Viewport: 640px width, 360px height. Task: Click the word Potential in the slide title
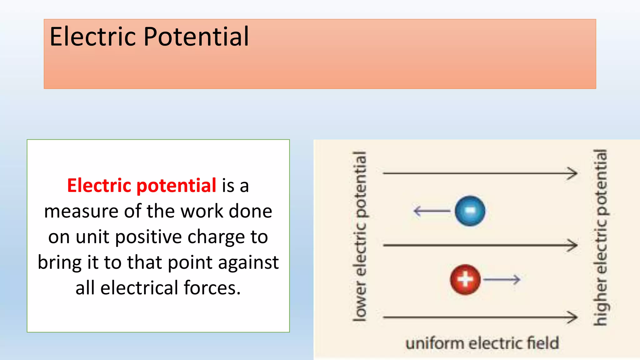tap(196, 37)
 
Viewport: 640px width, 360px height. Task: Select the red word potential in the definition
tap(176, 186)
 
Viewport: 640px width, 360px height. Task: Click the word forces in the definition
tap(212, 288)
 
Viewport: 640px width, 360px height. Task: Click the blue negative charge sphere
tap(470, 211)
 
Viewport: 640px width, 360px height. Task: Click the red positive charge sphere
tap(465, 280)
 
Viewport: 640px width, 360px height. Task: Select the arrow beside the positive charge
tap(502, 279)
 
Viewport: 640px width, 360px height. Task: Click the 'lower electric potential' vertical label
tap(360, 237)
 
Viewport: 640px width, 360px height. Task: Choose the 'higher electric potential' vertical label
tap(600, 237)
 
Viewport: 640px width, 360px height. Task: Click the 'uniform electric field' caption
tap(482, 343)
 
